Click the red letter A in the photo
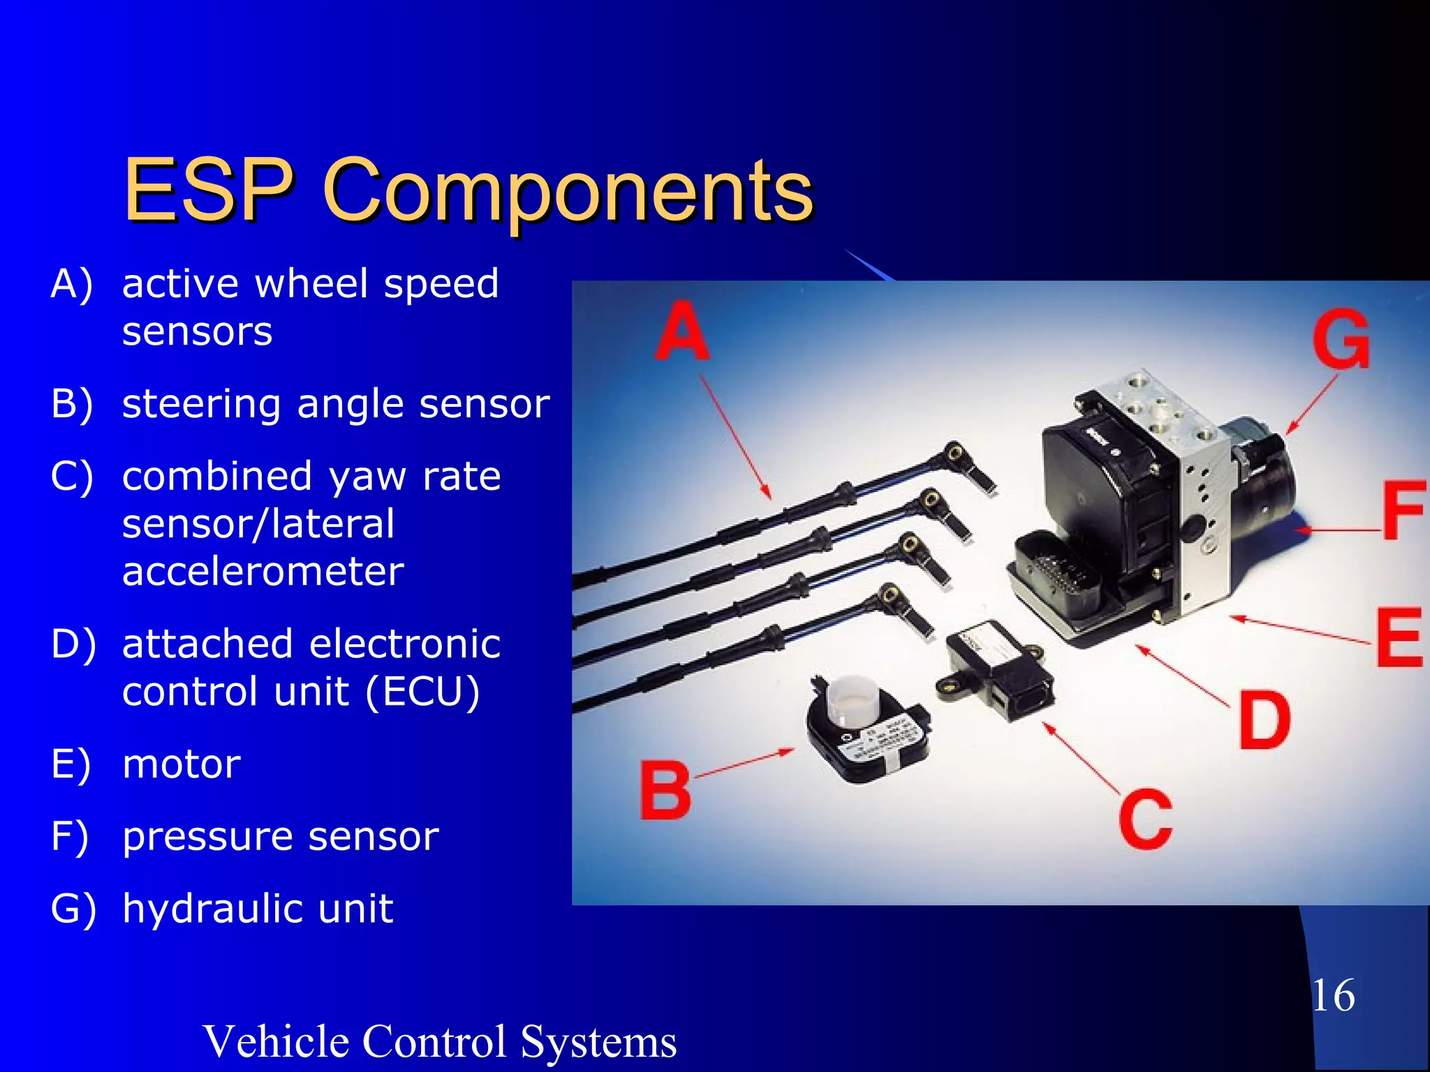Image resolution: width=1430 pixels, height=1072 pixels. (x=682, y=331)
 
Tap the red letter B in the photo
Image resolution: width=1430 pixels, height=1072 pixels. (x=665, y=791)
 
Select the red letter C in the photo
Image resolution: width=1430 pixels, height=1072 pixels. (x=1145, y=819)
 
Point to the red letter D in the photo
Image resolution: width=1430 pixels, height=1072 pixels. (x=1264, y=720)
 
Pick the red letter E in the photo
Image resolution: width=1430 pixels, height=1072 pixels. (x=1399, y=638)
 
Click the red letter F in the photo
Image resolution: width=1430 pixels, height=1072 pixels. (x=1402, y=511)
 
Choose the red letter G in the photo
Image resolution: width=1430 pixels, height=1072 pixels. (x=1341, y=339)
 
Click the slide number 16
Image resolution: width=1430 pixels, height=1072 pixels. (x=1333, y=995)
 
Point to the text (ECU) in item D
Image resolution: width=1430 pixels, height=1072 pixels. (x=422, y=691)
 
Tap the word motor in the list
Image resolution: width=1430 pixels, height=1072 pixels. (x=182, y=764)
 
